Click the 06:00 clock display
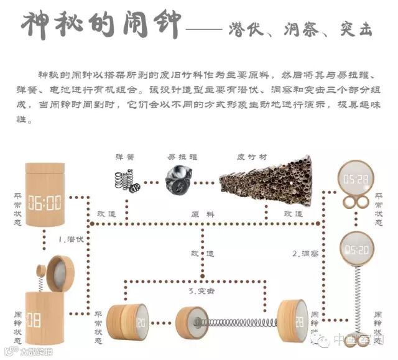45,203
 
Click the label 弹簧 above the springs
124,157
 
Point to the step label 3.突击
201,290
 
